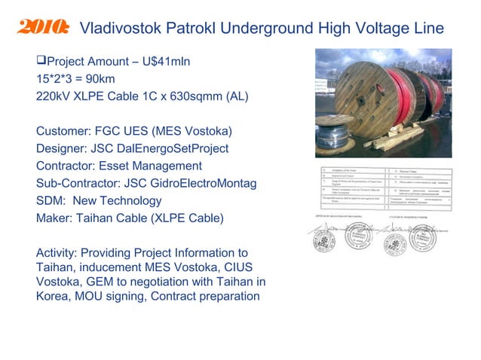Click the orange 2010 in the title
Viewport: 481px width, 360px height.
pos(41,29)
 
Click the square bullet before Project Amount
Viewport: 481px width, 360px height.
pos(41,61)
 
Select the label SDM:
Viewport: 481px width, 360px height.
pos(51,200)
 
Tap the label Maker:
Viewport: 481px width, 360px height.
pos(55,218)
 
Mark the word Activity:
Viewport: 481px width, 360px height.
pos(58,252)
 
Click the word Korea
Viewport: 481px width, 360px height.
pos(54,296)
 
